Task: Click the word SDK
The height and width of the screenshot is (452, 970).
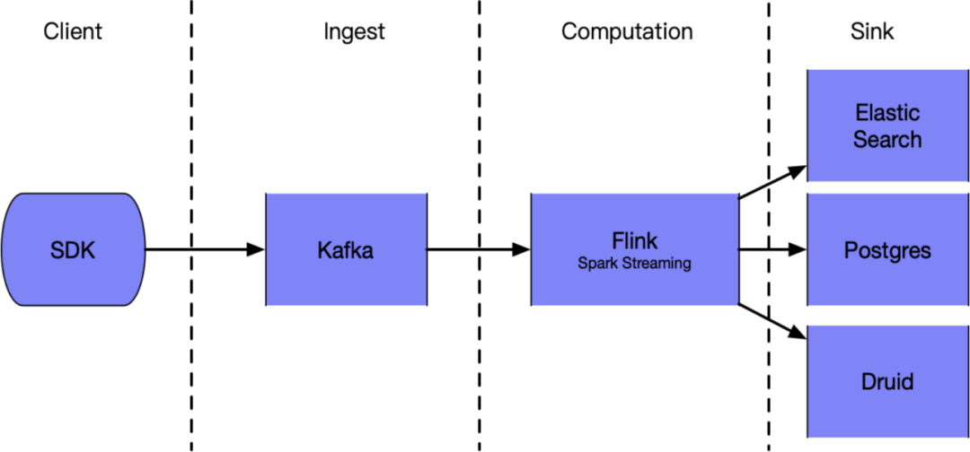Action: [73, 250]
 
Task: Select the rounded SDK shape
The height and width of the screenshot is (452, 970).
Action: [73, 278]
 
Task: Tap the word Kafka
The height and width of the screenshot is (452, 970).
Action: [346, 250]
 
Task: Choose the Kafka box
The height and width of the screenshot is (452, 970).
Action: [346, 278]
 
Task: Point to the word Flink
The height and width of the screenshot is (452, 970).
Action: [634, 240]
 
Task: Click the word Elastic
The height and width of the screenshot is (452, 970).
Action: [887, 113]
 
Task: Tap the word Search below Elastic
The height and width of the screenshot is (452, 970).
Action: [887, 140]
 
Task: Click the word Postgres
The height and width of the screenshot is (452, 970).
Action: [887, 250]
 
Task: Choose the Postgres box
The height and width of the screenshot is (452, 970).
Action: [887, 282]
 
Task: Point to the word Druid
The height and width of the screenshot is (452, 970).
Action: [887, 381]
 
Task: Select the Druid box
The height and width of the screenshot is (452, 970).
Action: [887, 413]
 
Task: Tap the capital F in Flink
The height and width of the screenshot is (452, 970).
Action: [617, 240]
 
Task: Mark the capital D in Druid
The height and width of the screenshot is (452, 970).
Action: [869, 381]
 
